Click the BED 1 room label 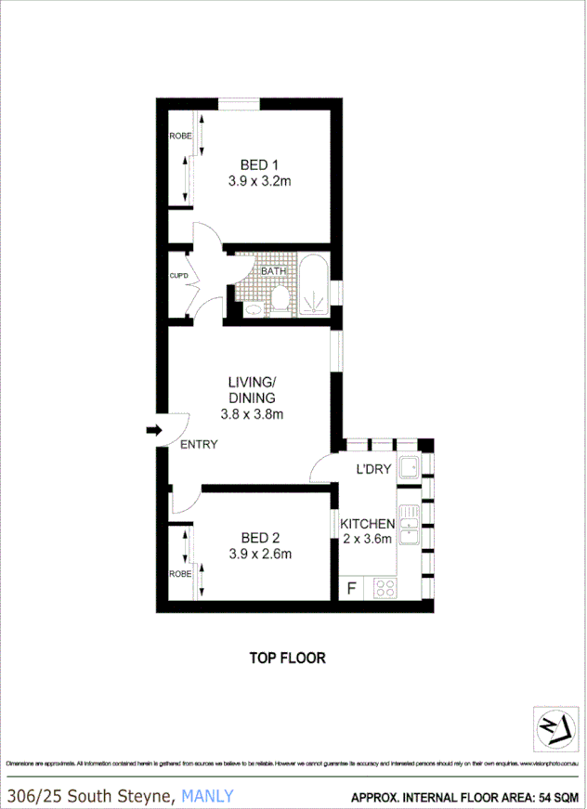click(x=260, y=166)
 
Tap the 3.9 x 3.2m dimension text click(x=260, y=182)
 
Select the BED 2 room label click(x=260, y=538)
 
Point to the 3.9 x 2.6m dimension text click(x=260, y=555)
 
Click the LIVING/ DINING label click(x=252, y=390)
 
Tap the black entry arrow click(x=153, y=429)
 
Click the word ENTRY click(x=199, y=445)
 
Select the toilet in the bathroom click(x=280, y=298)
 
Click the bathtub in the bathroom click(x=313, y=285)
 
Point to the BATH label click(x=273, y=271)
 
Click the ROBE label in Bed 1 click(x=179, y=137)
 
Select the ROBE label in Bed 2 click(x=179, y=574)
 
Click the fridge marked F click(x=351, y=588)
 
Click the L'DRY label click(x=373, y=470)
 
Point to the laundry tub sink click(x=409, y=467)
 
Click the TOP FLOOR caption click(x=287, y=658)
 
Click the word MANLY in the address click(x=208, y=795)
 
